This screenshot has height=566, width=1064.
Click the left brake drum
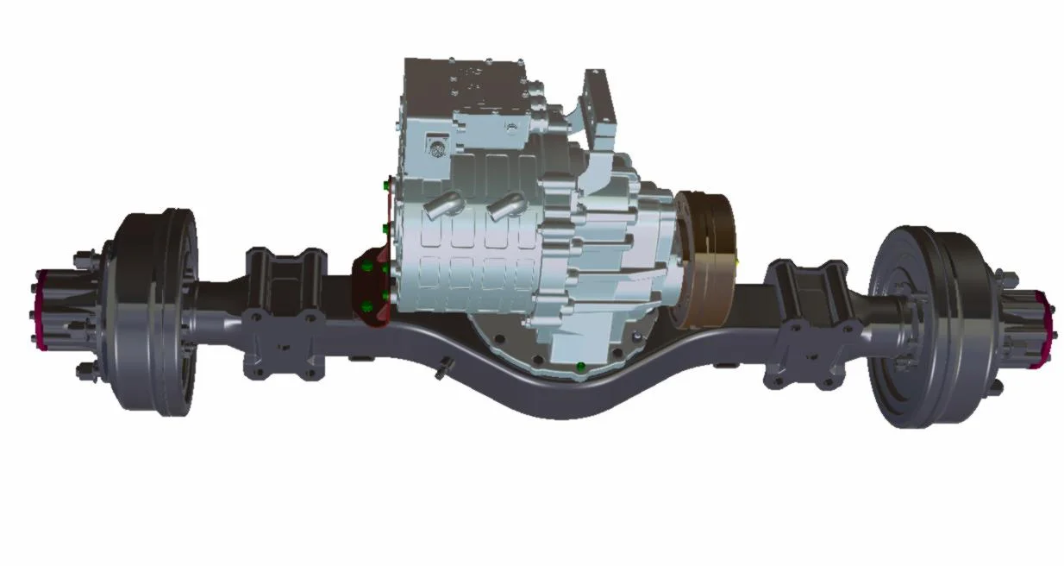155,311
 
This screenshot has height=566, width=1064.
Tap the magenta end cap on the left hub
41,311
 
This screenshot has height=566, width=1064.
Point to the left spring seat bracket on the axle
285,315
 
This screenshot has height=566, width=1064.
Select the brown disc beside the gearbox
705,259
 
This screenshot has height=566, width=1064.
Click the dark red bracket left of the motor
372,289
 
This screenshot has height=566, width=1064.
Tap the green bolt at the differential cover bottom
581,368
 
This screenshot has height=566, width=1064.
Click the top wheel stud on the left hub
81,255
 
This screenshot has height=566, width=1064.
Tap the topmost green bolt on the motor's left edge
384,183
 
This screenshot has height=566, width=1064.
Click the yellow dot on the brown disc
738,256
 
